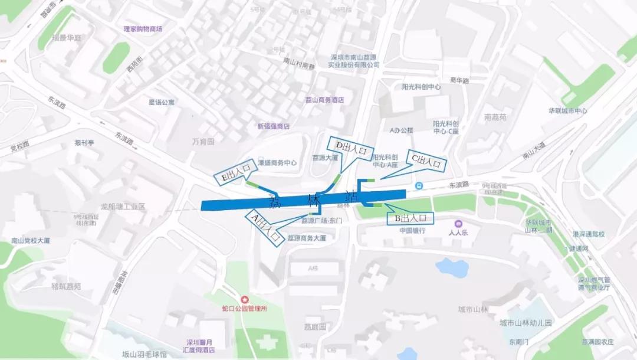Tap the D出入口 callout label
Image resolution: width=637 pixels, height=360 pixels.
(351, 147)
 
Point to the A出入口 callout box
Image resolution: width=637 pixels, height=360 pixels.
(264, 226)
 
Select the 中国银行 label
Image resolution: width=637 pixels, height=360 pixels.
(412, 230)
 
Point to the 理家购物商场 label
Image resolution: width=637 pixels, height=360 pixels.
(143, 29)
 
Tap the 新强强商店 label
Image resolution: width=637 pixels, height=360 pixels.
(274, 126)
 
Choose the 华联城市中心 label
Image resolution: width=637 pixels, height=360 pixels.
(568, 110)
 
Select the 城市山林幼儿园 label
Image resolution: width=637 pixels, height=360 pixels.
(525, 323)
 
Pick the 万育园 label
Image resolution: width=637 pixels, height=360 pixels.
(203, 142)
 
